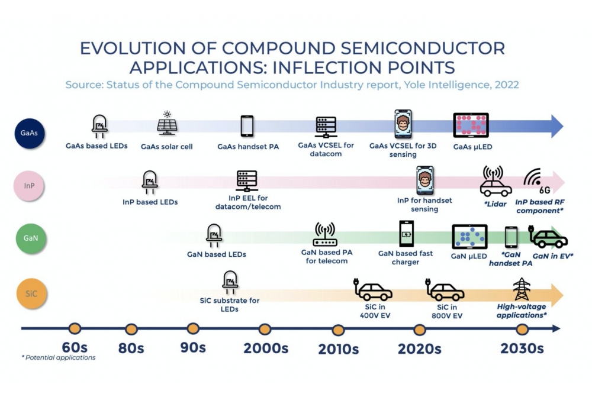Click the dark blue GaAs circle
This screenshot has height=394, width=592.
(x=30, y=133)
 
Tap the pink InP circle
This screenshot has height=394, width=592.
(x=28, y=186)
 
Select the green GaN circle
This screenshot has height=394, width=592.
(x=31, y=238)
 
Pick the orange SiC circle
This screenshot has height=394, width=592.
(x=31, y=293)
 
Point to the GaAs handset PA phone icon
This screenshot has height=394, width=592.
(x=247, y=126)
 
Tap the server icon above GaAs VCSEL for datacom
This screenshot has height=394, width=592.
(x=326, y=127)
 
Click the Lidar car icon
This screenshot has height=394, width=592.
(x=496, y=182)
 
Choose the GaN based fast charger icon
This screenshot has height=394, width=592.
(x=406, y=234)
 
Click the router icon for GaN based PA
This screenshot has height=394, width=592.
(x=324, y=234)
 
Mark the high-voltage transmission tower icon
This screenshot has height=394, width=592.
(x=522, y=289)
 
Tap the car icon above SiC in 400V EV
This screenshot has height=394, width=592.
(x=373, y=289)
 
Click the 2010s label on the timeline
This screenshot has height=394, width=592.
(x=338, y=349)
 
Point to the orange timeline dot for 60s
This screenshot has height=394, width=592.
(x=75, y=328)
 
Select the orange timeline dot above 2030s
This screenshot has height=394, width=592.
(x=522, y=330)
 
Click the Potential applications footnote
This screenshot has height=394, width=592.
(x=59, y=357)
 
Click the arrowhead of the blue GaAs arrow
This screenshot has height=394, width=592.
(x=557, y=126)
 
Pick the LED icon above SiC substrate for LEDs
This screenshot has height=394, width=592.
(x=230, y=282)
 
